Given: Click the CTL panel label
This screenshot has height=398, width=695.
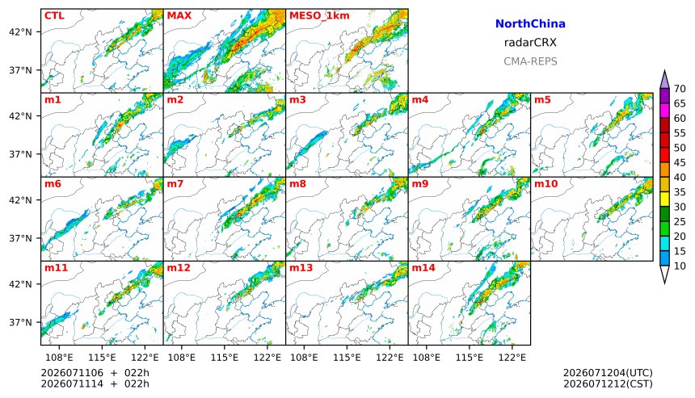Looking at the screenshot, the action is pyautogui.click(x=54, y=15).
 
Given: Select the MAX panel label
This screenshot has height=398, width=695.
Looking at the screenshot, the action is pyautogui.click(x=179, y=15).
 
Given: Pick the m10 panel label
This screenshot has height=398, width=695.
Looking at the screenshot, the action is pyautogui.click(x=545, y=184).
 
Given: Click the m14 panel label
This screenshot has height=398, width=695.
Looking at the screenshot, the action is pyautogui.click(x=423, y=268).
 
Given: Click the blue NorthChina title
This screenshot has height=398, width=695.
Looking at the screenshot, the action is pyautogui.click(x=530, y=24).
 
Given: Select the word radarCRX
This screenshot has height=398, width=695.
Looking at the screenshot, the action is pyautogui.click(x=530, y=43).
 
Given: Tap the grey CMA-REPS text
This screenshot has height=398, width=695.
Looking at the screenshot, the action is pyautogui.click(x=530, y=61).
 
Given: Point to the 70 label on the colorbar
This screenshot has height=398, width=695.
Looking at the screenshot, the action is pyautogui.click(x=680, y=89).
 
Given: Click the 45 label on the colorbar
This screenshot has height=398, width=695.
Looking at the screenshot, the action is pyautogui.click(x=680, y=163).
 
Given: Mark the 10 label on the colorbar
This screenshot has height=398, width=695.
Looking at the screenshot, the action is pyautogui.click(x=680, y=266).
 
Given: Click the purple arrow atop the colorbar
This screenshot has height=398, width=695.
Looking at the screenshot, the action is pyautogui.click(x=664, y=80).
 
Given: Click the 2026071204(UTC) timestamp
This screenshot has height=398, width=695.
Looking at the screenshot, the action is pyautogui.click(x=608, y=373).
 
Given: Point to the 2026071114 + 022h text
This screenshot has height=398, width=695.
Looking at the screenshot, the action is pyautogui.click(x=95, y=383).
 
